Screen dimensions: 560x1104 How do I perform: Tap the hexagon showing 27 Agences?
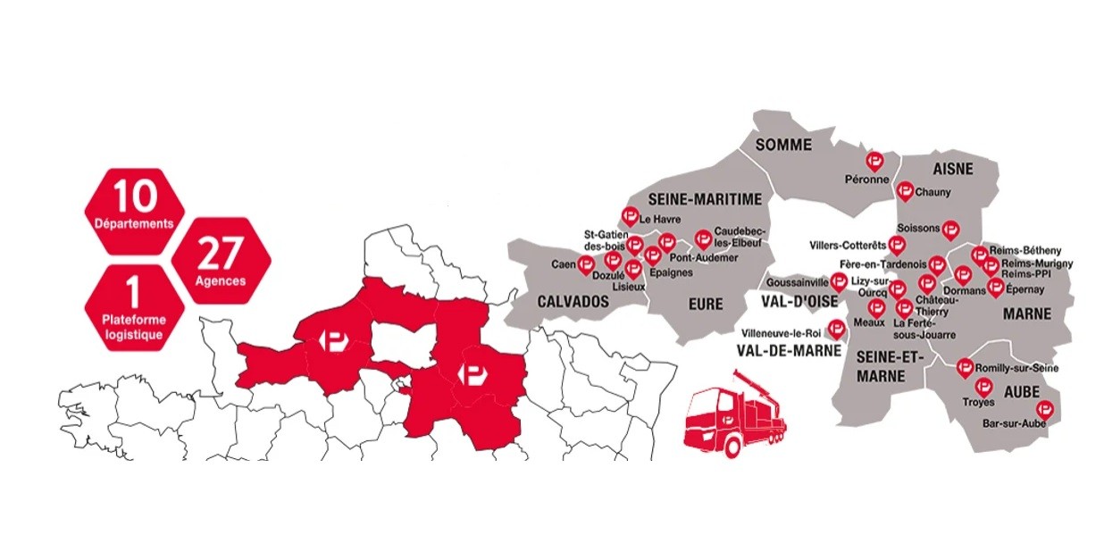tap(220, 258)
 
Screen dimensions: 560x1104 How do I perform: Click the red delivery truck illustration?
tap(736, 419)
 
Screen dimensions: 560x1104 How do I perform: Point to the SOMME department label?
tap(782, 145)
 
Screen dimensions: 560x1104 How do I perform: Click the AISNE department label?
tap(952, 170)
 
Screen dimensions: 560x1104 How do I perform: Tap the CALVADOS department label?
tap(573, 302)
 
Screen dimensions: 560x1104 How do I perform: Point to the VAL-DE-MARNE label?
tap(785, 351)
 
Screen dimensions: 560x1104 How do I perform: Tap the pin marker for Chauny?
tap(905, 189)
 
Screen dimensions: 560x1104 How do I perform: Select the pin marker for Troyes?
tap(983, 386)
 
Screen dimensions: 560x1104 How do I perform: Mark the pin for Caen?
tap(586, 263)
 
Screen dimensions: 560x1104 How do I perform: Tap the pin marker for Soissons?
tap(950, 229)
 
